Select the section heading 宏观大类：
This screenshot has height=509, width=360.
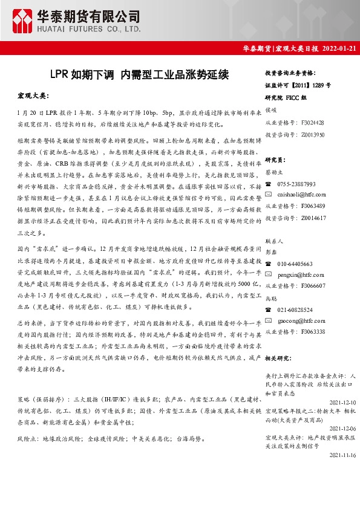click(33, 96)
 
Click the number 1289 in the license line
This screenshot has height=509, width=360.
click(317, 85)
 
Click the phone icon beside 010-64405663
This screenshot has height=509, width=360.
click(269, 264)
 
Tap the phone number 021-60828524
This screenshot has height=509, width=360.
click(295, 310)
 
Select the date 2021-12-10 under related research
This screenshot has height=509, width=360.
click(342, 401)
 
